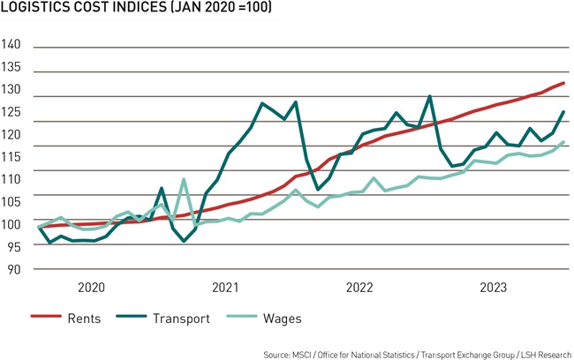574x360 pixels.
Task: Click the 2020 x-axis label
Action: (x=92, y=288)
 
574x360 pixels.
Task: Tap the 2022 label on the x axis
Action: (x=359, y=288)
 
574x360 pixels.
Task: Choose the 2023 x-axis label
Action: (x=493, y=288)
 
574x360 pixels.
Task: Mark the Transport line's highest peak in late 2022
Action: (x=429, y=96)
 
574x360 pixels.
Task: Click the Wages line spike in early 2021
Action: (x=184, y=180)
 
